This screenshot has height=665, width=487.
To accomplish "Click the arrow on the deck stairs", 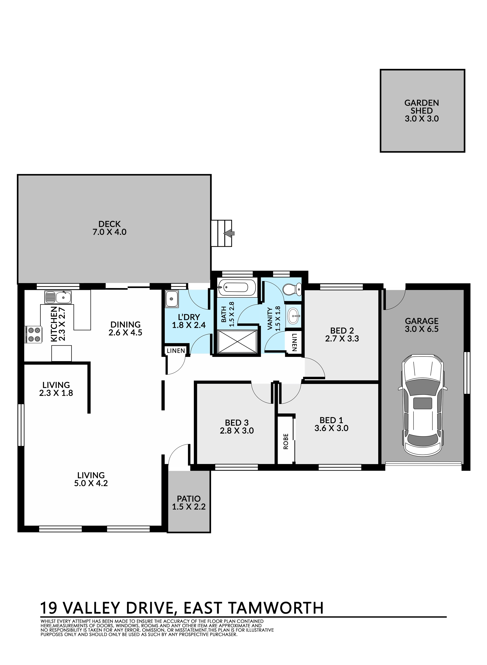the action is point(229,233).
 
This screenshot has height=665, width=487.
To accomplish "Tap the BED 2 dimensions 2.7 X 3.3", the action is point(342,339).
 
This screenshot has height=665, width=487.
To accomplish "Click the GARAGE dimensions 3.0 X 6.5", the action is point(422,329).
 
